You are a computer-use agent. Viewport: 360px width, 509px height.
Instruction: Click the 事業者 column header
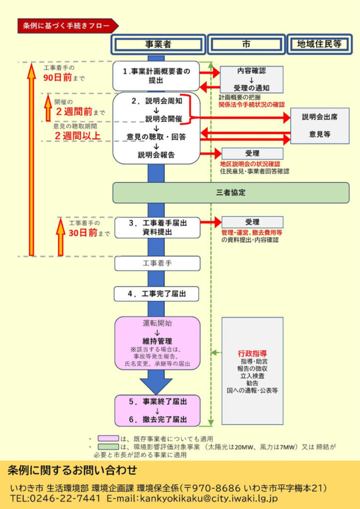coord(158,44)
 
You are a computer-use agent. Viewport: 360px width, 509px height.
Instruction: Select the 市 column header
coord(246,44)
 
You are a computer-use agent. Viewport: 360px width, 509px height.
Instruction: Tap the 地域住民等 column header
coord(319,44)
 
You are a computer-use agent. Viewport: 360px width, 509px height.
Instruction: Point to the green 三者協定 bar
coord(231,192)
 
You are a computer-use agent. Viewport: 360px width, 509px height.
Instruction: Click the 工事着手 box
coord(158,263)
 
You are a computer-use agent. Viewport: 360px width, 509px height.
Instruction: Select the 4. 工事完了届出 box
coord(157,294)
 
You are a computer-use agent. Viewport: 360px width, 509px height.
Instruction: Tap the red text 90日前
coord(57,78)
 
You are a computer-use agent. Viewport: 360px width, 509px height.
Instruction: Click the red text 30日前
coord(83,233)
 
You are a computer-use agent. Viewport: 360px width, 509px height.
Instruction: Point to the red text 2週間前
coord(74,112)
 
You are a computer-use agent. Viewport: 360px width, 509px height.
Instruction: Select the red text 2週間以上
coord(78,136)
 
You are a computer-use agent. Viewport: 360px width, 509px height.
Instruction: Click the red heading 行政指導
coord(252,354)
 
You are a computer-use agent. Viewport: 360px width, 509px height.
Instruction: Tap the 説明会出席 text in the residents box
coord(320,117)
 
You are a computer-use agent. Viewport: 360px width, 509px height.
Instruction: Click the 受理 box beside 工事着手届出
coord(252,222)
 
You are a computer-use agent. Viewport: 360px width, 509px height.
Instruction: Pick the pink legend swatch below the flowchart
coord(108,439)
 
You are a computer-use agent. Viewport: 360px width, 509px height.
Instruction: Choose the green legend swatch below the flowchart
coord(108,447)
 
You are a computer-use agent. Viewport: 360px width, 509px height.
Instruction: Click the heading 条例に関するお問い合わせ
coord(72,470)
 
